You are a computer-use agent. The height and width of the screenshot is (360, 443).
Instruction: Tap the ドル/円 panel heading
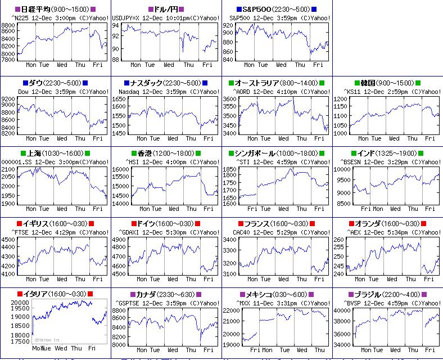tap(166, 10)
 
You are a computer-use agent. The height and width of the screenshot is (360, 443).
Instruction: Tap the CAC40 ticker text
tap(242, 232)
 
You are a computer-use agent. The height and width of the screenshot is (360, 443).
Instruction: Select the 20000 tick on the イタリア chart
tap(20, 303)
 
